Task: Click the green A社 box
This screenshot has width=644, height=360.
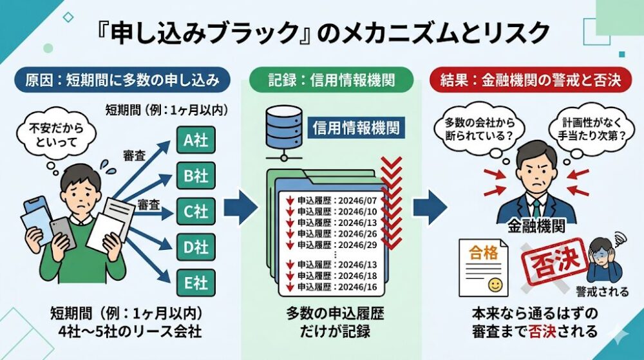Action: [195, 140]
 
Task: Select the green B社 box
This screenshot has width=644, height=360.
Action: [195, 175]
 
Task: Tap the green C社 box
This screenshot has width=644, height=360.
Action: [195, 210]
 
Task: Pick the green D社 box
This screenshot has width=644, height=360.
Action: [195, 245]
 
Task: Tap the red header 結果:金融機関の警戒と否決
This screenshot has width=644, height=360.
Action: [527, 82]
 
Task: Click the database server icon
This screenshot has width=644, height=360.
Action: [282, 131]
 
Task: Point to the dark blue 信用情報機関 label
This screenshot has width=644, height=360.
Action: [355, 127]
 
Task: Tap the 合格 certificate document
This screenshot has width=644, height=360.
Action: [484, 267]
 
